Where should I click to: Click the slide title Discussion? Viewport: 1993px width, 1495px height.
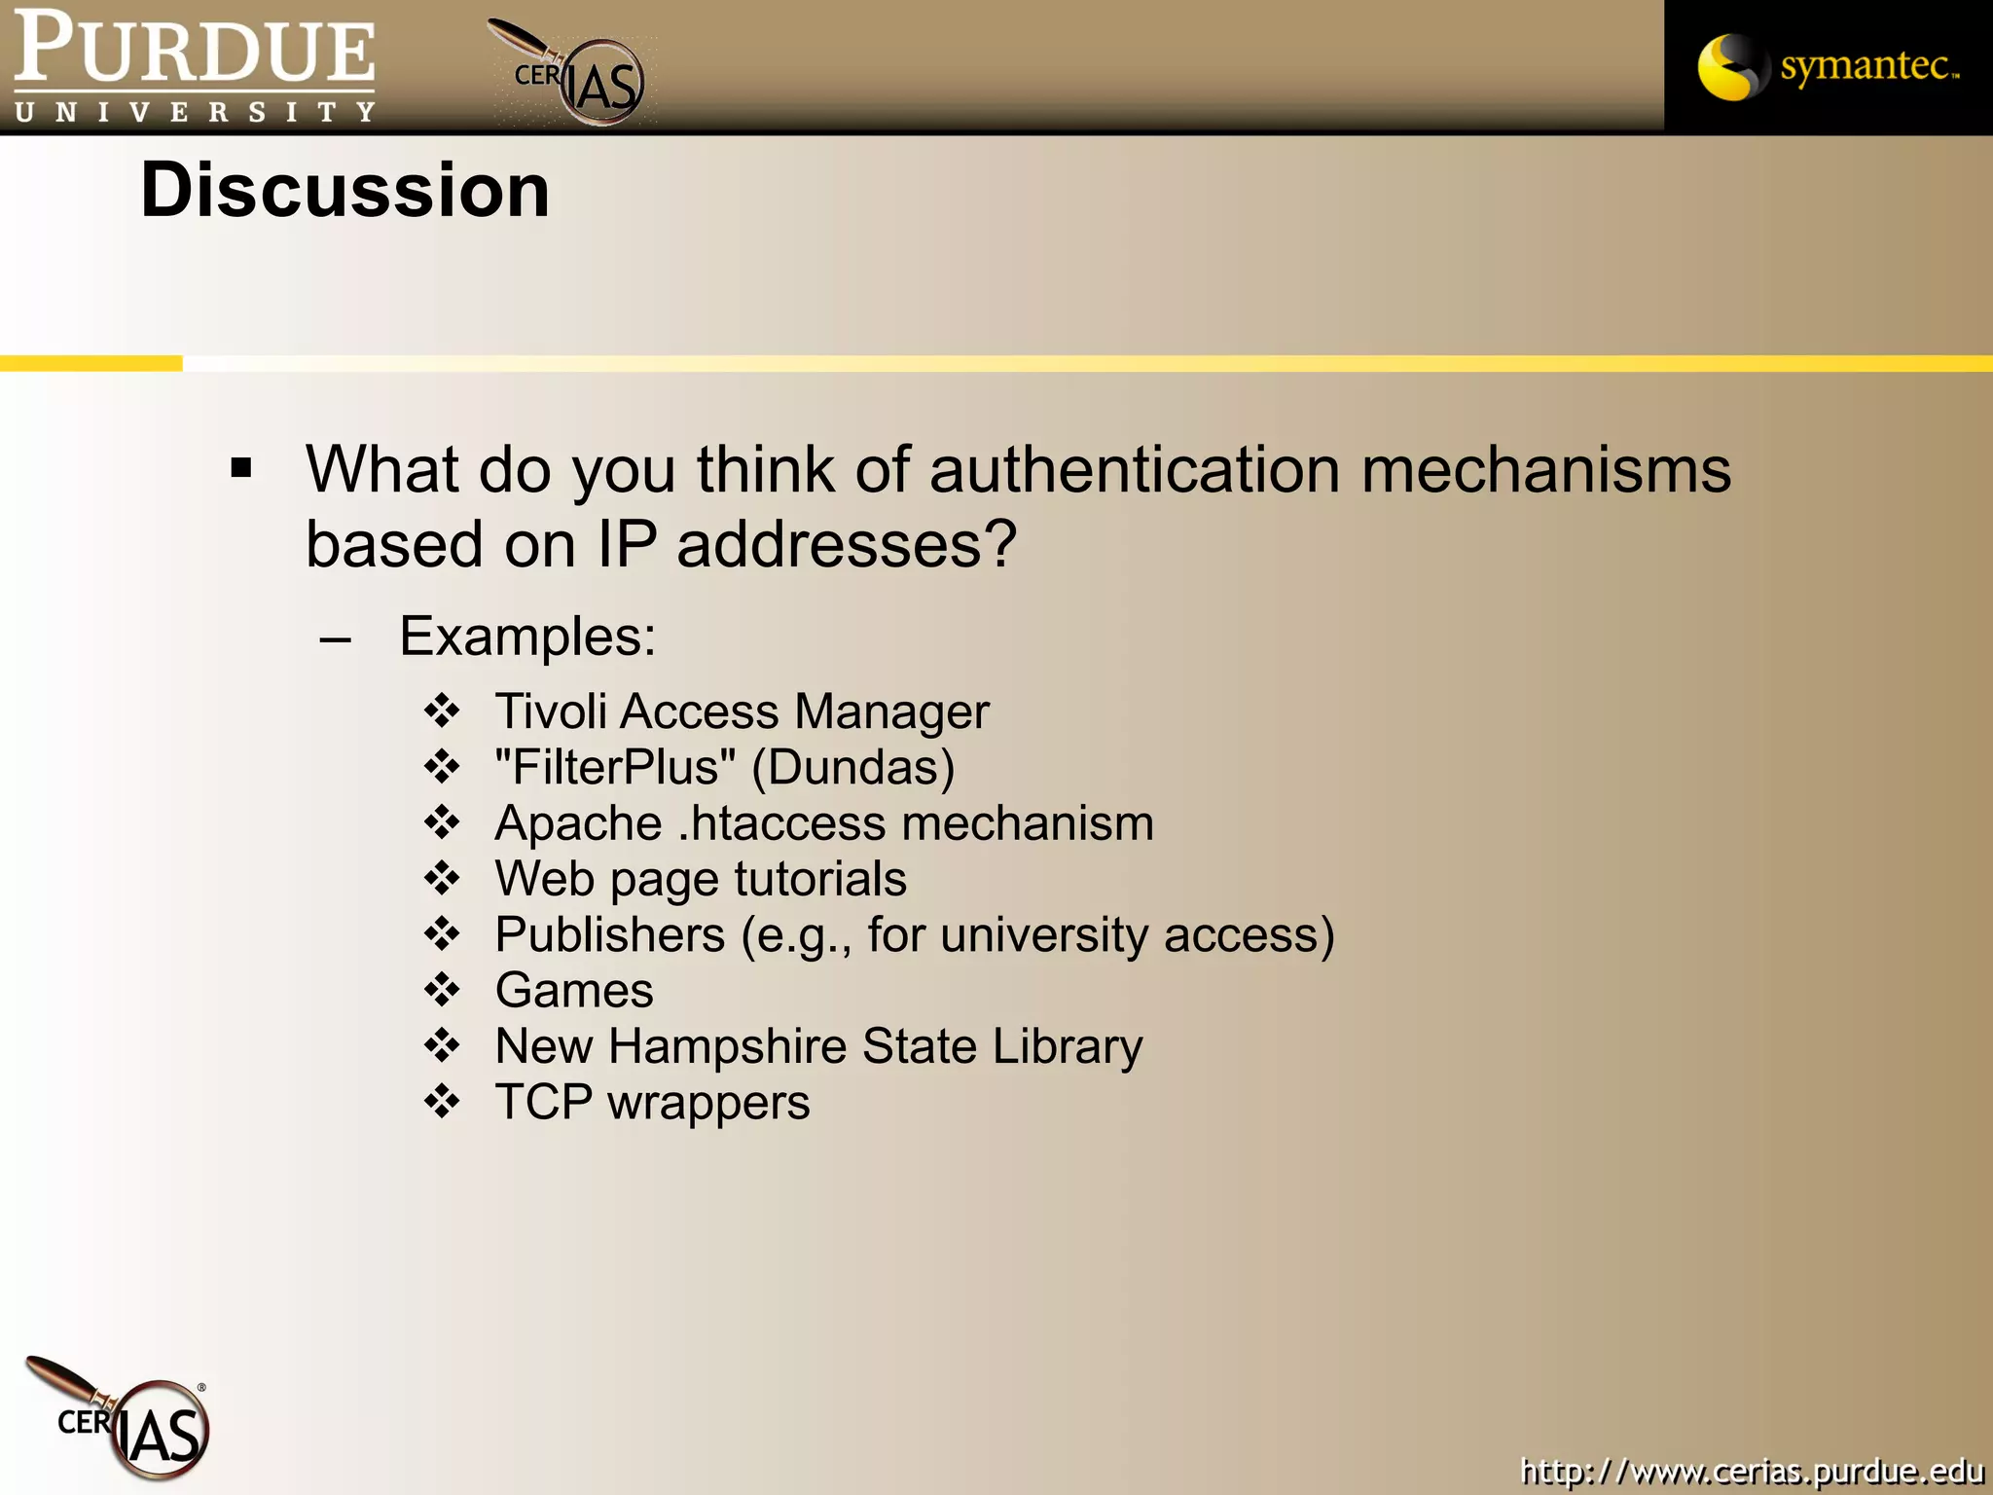(344, 190)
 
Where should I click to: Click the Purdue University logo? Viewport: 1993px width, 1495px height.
(195, 66)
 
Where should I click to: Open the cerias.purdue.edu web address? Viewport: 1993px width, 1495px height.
(1752, 1471)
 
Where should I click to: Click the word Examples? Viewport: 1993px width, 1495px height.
(526, 637)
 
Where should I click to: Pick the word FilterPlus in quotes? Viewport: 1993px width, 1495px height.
(615, 767)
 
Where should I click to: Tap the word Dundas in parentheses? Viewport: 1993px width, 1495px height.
(853, 767)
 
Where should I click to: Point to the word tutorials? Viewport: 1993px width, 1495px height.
(820, 879)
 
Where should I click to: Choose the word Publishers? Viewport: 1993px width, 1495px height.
(609, 934)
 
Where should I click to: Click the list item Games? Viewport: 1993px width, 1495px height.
(574, 991)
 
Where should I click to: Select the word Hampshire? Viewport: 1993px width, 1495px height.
(728, 1047)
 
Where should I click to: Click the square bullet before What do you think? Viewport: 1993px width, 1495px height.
(241, 469)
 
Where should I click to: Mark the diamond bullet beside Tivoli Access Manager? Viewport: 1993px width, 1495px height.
(442, 711)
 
